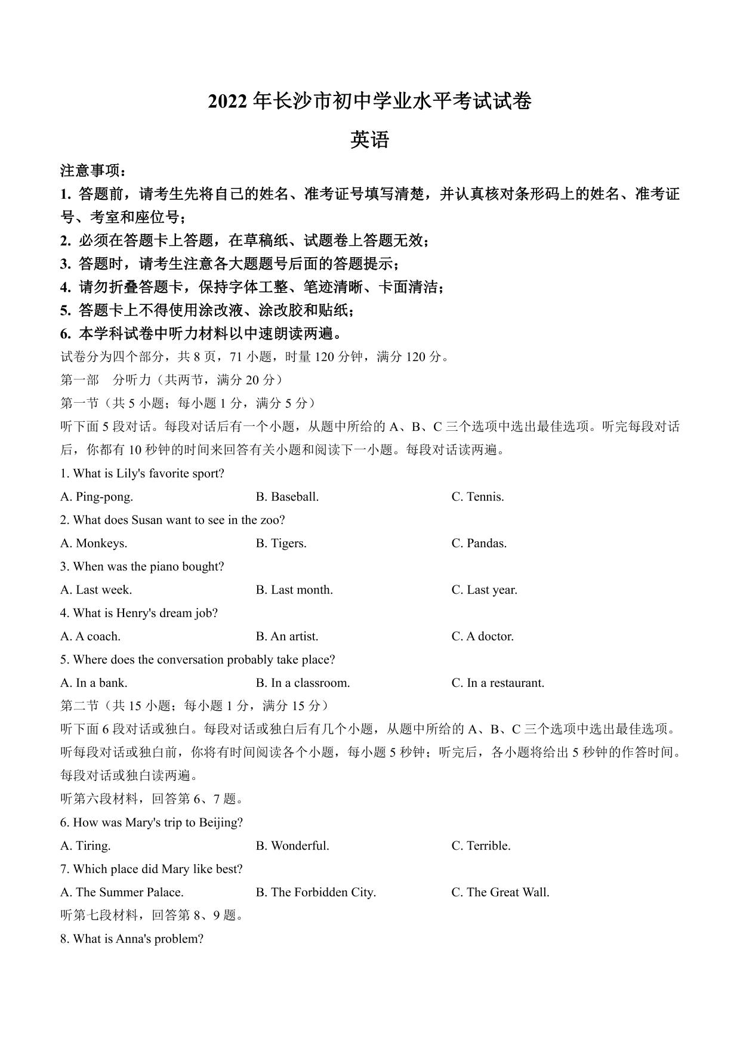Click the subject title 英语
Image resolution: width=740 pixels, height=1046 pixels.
[369, 140]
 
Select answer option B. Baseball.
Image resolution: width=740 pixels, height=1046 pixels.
[287, 496]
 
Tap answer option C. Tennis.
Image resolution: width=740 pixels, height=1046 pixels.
[477, 496]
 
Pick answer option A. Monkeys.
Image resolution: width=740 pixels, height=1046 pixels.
[94, 543]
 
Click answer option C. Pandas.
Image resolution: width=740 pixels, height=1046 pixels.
[479, 543]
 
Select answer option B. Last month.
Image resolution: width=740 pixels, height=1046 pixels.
[294, 590]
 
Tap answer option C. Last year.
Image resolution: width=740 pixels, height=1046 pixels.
[484, 590]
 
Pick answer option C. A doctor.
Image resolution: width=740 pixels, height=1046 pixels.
[482, 636]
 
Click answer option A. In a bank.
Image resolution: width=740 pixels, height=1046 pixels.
[94, 683]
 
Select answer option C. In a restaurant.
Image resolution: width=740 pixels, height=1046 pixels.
[498, 683]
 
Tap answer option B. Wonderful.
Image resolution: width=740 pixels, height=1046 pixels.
[292, 846]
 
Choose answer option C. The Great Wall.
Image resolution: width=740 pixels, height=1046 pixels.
[500, 892]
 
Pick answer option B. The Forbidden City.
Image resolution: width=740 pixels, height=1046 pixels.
[316, 892]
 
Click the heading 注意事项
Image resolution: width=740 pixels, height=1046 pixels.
[92, 171]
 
